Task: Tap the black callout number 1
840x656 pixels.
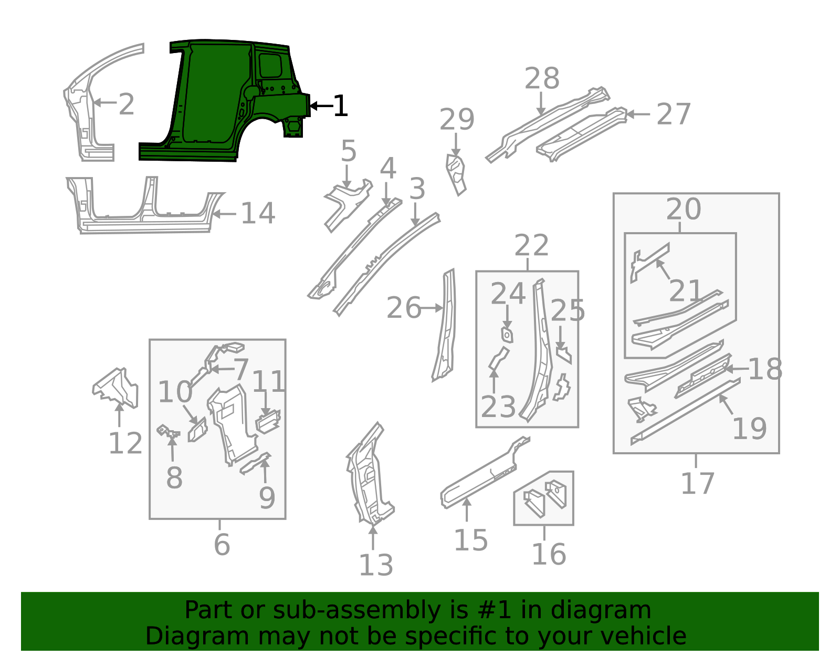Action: (x=340, y=106)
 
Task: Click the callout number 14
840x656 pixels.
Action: (x=258, y=214)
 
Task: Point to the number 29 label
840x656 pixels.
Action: (x=457, y=120)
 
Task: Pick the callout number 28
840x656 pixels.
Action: (x=542, y=79)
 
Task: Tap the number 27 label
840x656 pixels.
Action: (x=673, y=114)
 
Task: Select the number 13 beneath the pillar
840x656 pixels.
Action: (x=376, y=566)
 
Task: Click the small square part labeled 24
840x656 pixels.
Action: (x=507, y=335)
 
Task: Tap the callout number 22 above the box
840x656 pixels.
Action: (x=531, y=246)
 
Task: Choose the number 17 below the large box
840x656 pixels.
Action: (x=697, y=484)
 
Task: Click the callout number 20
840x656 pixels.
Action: (x=684, y=210)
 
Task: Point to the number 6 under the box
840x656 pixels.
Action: (x=222, y=545)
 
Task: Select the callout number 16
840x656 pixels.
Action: (x=549, y=555)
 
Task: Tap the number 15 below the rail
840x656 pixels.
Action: (x=470, y=540)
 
